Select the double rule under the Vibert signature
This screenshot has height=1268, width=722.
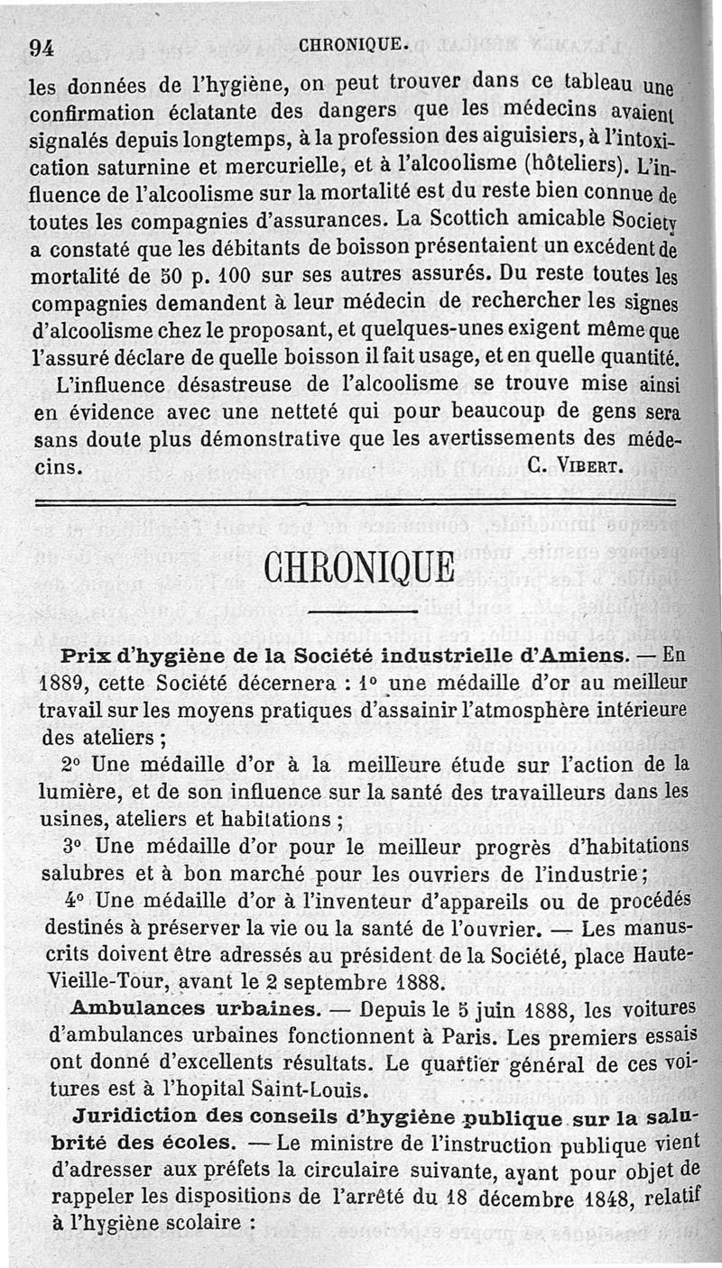pyautogui.click(x=355, y=501)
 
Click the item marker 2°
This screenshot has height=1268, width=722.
pyautogui.click(x=73, y=765)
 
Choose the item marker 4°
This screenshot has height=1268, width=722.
pyautogui.click(x=75, y=901)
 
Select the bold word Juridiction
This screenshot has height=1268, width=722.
pyautogui.click(x=137, y=1115)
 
